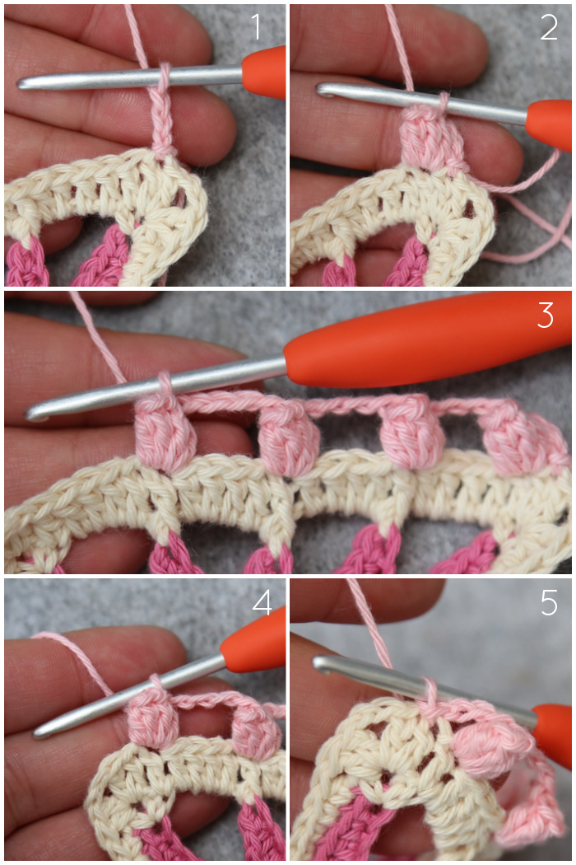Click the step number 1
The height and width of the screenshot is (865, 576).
click(x=256, y=27)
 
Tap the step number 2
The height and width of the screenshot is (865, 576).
click(x=549, y=27)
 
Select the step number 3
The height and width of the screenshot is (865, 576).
click(x=545, y=315)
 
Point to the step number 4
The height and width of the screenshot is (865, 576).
click(x=262, y=602)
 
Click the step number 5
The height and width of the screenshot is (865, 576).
click(x=549, y=602)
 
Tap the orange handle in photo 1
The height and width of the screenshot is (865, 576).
click(x=264, y=72)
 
